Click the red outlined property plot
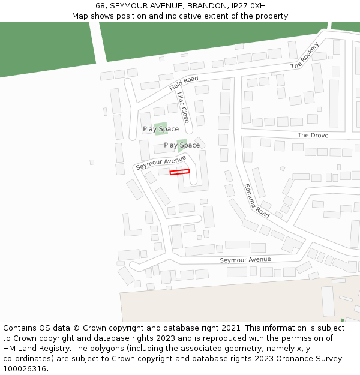pyautogui.click(x=179, y=172)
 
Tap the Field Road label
pyautogui.click(x=184, y=83)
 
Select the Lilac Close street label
pyautogui.click(x=183, y=107)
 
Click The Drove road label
pyautogui.click(x=313, y=136)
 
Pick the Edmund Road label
pyautogui.click(x=257, y=200)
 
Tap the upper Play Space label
pyautogui.click(x=161, y=129)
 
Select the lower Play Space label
pyautogui.click(x=182, y=145)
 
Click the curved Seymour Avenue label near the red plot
pyautogui.click(x=161, y=162)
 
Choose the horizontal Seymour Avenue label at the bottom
pyautogui.click(x=245, y=260)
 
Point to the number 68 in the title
pyautogui.click(x=101, y=5)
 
